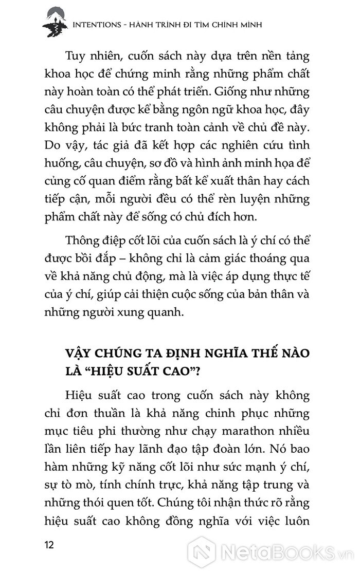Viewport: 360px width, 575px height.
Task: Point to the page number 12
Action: (x=50, y=546)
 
